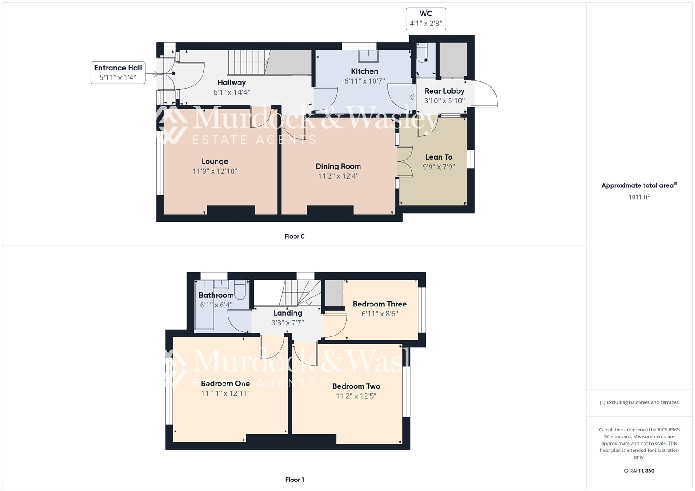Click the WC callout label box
point(426,19)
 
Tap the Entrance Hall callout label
point(118,73)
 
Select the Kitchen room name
point(365,71)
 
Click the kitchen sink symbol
point(368,55)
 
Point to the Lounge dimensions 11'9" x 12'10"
point(215,171)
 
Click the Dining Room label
point(338,166)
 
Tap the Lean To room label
point(439,157)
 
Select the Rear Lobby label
point(444,91)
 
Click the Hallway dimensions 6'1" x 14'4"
point(232,92)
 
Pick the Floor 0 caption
point(294,236)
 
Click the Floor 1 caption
point(294,480)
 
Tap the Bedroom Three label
point(380,304)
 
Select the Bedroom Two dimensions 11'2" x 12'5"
point(356,396)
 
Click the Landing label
point(288,313)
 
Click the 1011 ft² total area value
point(639,197)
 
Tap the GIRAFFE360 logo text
point(639,471)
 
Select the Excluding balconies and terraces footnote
point(639,402)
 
